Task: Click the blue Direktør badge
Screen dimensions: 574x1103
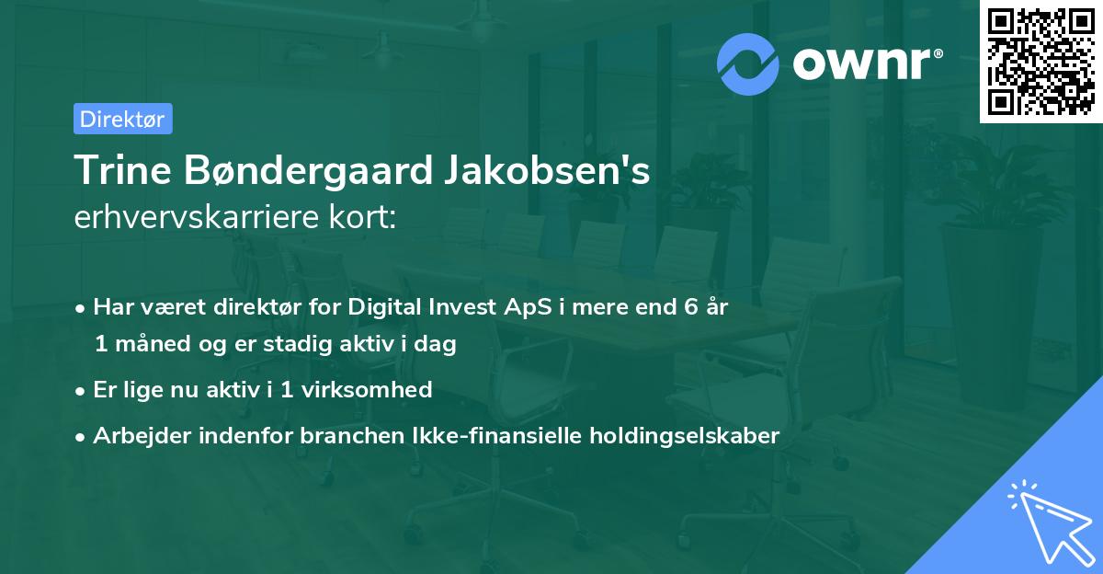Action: tap(122, 119)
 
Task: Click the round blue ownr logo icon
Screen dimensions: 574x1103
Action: tap(748, 64)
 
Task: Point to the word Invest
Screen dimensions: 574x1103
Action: tap(461, 307)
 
